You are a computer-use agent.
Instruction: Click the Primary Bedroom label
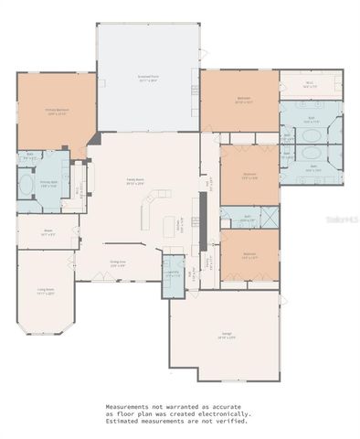[x=58, y=112]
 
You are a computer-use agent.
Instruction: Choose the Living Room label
[x=44, y=293]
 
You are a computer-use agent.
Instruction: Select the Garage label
[x=223, y=336]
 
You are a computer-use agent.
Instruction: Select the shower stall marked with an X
[x=270, y=217]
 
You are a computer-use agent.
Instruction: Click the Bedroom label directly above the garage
[x=249, y=257]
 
